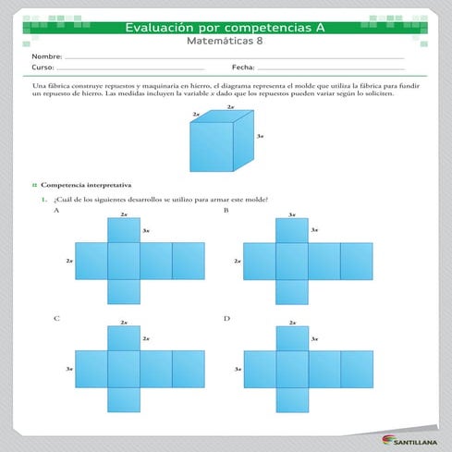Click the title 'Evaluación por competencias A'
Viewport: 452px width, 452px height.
click(x=225, y=28)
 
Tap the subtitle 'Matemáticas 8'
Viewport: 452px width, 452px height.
click(x=225, y=42)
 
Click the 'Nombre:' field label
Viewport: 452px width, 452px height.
click(x=46, y=57)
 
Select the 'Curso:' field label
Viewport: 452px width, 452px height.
click(x=43, y=68)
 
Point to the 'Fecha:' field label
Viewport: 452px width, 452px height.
click(x=243, y=68)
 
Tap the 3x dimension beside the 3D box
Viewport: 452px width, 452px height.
click(x=261, y=136)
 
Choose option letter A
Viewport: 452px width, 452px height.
click(x=56, y=211)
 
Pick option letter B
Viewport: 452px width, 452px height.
click(x=226, y=211)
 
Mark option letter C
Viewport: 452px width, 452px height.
click(x=56, y=318)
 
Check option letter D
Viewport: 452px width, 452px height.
click(x=226, y=318)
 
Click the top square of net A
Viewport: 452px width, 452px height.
click(x=124, y=230)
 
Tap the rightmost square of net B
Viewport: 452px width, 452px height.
click(x=356, y=261)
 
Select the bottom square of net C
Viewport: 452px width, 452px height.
click(x=124, y=399)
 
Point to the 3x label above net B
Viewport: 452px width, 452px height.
click(x=292, y=214)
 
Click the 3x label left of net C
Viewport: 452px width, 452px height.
click(x=69, y=369)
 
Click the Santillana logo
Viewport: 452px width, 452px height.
click(x=410, y=440)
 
